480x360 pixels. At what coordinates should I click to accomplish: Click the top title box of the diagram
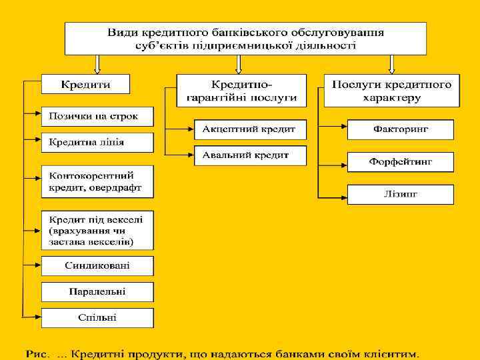245,39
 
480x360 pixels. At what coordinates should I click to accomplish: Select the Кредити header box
86,84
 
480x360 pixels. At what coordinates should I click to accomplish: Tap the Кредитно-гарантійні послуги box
241,91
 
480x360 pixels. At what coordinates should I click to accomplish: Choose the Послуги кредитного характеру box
391,91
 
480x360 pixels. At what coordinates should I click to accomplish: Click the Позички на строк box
97,116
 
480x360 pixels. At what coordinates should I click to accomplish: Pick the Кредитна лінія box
97,142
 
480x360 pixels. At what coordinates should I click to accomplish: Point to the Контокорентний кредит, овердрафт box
97,181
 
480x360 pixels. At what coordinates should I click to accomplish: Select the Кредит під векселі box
97,229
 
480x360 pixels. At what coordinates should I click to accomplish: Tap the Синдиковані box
97,266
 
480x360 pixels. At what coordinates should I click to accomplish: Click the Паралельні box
97,292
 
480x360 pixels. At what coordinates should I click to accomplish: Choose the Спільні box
97,318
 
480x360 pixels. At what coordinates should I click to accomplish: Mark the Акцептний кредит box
250,129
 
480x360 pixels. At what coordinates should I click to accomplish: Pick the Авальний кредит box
250,155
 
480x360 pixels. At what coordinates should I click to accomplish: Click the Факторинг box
400,129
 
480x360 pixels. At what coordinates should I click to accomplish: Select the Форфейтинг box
400,161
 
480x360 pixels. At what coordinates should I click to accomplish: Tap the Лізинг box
400,194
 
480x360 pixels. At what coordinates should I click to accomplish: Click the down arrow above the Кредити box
97,64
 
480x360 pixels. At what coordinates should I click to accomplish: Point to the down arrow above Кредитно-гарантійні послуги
239,64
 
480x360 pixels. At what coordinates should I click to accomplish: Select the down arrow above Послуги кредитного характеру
391,64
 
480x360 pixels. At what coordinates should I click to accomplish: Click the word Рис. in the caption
37,351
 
